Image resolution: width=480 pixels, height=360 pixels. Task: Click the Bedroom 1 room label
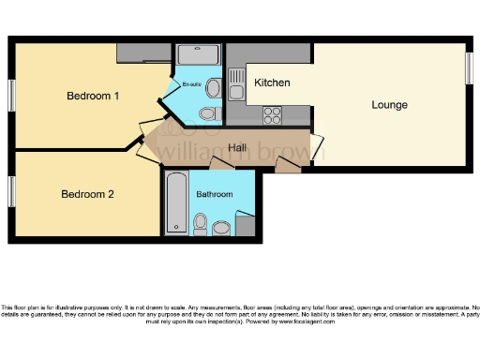(x=93, y=96)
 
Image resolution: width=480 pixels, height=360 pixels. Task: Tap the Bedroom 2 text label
(x=87, y=195)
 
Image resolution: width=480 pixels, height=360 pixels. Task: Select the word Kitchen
(x=272, y=82)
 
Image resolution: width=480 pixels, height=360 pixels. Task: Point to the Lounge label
(x=389, y=105)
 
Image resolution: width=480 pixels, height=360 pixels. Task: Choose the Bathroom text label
(x=215, y=194)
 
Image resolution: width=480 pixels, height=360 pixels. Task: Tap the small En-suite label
(x=192, y=83)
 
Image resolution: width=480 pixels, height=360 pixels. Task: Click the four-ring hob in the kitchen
(x=273, y=115)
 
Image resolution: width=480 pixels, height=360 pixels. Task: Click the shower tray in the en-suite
(x=197, y=54)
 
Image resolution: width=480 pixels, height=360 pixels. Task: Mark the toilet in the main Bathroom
(x=200, y=223)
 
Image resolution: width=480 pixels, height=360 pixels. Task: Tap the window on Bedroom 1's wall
(x=12, y=95)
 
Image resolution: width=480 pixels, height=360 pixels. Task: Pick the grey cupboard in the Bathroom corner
(x=246, y=225)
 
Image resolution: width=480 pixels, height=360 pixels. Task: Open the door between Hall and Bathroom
(x=221, y=165)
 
